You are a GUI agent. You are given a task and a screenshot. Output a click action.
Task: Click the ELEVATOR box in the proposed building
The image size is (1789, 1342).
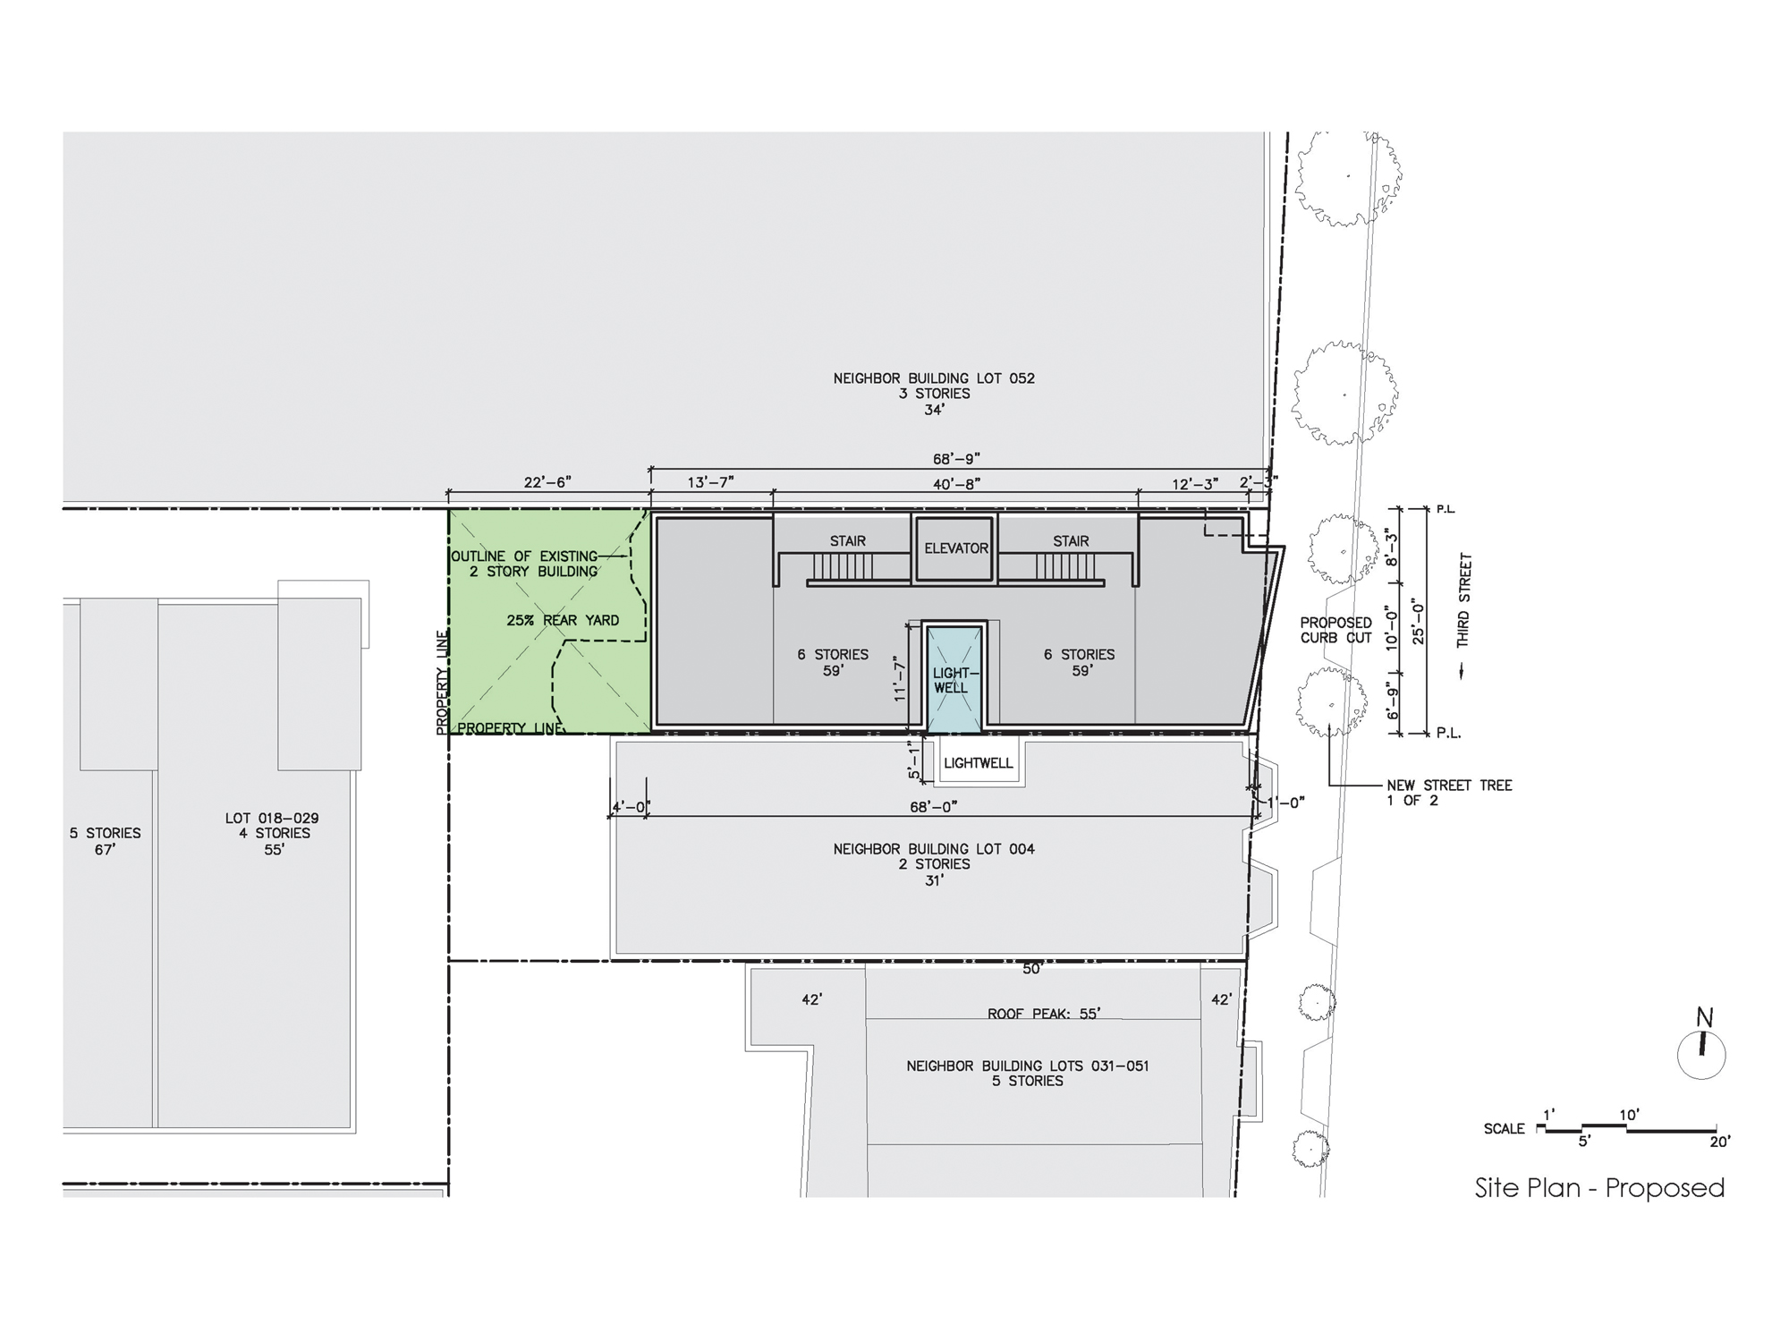pos(955,548)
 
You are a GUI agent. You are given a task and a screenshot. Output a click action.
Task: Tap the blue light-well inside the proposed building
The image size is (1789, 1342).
pos(955,680)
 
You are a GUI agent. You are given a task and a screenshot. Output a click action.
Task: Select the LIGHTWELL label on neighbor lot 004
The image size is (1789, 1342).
pos(979,763)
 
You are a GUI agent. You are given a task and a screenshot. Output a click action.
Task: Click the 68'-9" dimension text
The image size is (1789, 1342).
pos(957,459)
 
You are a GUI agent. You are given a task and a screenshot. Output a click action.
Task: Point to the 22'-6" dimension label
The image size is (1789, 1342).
pos(547,483)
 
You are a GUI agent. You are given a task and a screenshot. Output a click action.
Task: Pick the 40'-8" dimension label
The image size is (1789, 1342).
pos(957,484)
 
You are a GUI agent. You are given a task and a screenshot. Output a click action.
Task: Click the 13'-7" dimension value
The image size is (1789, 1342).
pos(710,483)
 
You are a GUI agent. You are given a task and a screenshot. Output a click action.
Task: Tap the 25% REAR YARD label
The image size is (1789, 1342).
pos(563,620)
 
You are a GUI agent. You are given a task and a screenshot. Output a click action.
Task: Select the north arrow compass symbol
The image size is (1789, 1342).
pos(1701,1047)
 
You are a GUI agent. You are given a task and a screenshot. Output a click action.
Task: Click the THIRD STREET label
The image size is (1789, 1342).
pos(1463,600)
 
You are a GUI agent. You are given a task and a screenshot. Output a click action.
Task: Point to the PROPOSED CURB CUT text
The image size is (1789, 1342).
pos(1336,630)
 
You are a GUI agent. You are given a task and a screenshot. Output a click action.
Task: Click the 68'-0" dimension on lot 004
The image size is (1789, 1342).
pos(934,807)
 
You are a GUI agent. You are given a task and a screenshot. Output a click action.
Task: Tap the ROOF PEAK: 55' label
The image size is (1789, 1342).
pos(1044,1014)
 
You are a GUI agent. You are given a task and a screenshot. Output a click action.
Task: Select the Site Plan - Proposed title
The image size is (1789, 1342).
pos(1600,1188)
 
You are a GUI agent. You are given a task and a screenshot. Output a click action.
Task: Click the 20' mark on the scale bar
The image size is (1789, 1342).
pos(1720,1141)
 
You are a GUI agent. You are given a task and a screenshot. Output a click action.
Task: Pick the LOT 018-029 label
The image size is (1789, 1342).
pos(272,818)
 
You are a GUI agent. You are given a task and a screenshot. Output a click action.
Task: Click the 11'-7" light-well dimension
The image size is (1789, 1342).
pos(901,680)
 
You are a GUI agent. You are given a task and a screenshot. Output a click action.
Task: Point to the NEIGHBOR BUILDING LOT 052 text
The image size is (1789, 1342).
pos(934,378)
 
